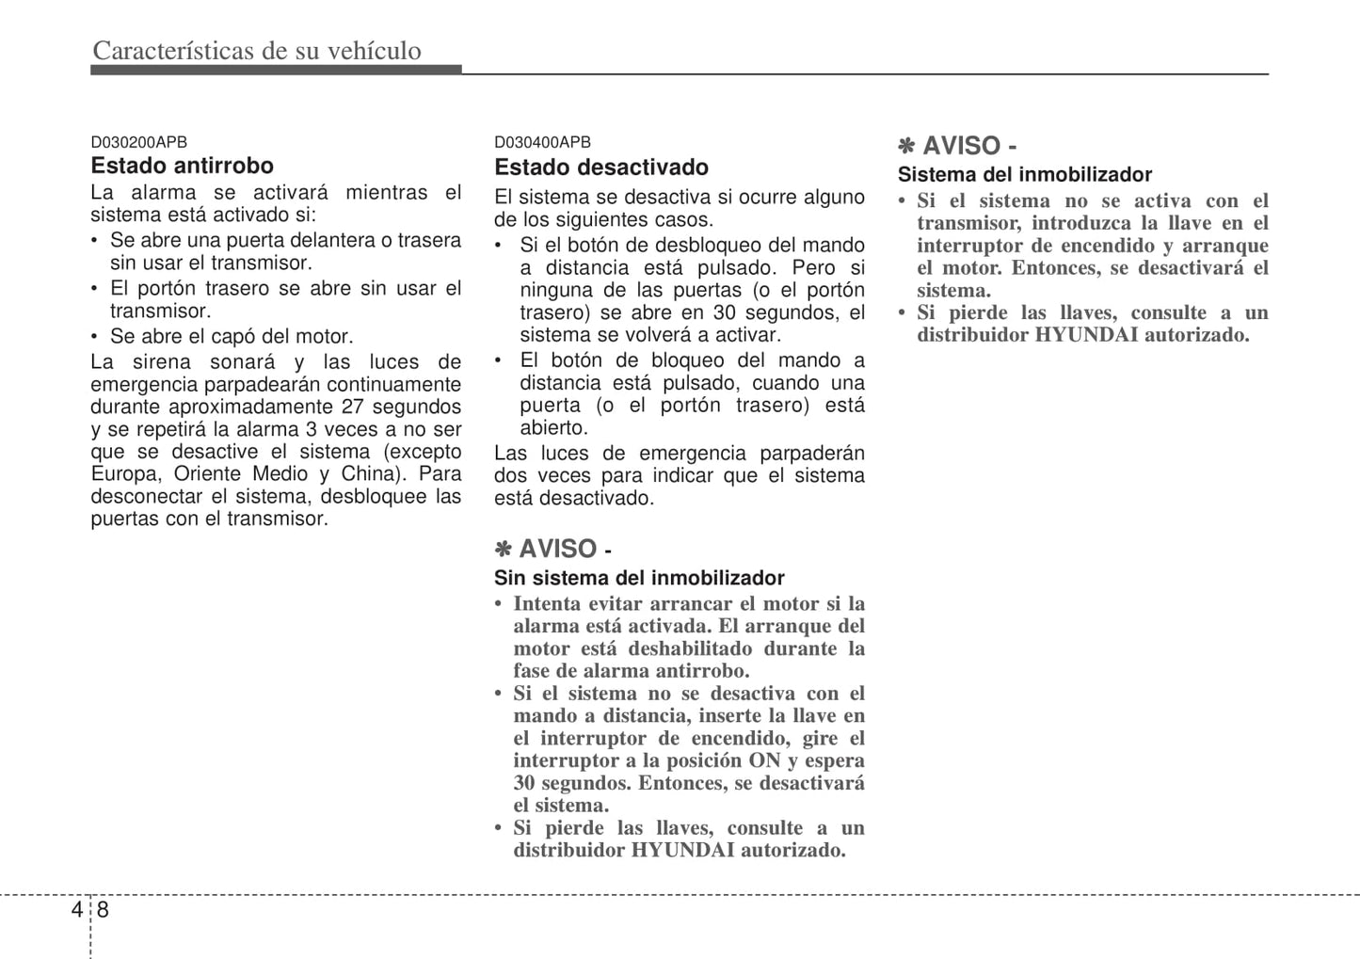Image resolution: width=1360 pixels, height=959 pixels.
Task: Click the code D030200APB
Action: tap(138, 142)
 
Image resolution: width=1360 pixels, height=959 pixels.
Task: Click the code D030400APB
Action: tap(542, 142)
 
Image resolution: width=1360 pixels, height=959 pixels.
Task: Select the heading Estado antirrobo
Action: tap(182, 166)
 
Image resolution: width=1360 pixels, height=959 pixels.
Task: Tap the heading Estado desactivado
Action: tap(601, 168)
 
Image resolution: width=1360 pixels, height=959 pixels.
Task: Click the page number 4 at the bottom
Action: tap(76, 909)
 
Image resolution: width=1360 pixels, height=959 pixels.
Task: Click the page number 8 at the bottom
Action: tap(103, 909)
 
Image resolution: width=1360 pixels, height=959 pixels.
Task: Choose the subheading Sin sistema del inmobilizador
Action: tap(639, 578)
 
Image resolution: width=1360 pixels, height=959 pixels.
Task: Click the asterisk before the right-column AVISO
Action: tap(906, 146)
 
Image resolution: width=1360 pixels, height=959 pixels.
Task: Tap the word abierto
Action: tap(553, 428)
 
